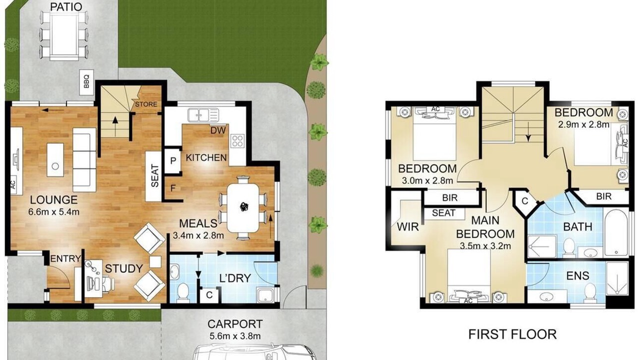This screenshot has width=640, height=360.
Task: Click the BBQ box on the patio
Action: click(x=86, y=82)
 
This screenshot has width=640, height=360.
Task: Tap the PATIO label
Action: click(x=66, y=7)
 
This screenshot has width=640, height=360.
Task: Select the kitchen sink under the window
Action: click(x=203, y=115)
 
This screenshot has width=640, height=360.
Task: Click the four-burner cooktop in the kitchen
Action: click(x=237, y=141)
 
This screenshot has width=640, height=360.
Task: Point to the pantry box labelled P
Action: click(x=173, y=160)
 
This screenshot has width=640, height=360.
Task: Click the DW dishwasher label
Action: click(x=218, y=130)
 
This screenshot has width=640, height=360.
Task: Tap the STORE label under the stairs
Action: click(x=146, y=104)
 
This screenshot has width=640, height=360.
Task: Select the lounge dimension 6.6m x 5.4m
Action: click(x=53, y=211)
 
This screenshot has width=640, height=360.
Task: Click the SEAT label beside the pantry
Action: click(x=154, y=176)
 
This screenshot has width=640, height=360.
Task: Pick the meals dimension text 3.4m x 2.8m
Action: click(x=198, y=235)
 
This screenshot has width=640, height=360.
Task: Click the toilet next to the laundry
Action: click(x=182, y=292)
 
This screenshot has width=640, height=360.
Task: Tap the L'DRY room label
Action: click(x=235, y=277)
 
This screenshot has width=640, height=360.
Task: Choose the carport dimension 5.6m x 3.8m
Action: click(x=235, y=336)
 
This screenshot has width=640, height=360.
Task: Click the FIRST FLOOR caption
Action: click(x=512, y=334)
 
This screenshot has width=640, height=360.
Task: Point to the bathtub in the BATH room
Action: click(x=616, y=232)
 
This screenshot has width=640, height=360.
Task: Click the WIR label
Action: click(x=407, y=227)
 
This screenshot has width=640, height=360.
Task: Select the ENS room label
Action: click(x=577, y=275)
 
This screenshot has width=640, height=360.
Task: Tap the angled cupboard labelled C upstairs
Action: click(x=525, y=201)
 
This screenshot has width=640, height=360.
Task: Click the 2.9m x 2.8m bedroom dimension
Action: click(x=583, y=124)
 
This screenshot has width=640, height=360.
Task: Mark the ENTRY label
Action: click(x=65, y=258)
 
